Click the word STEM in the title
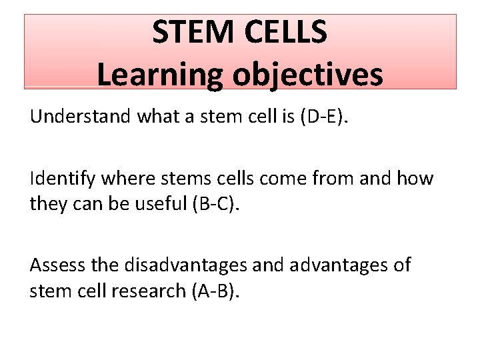coord(193,33)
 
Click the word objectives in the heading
coord(307,74)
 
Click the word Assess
coord(53,265)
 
